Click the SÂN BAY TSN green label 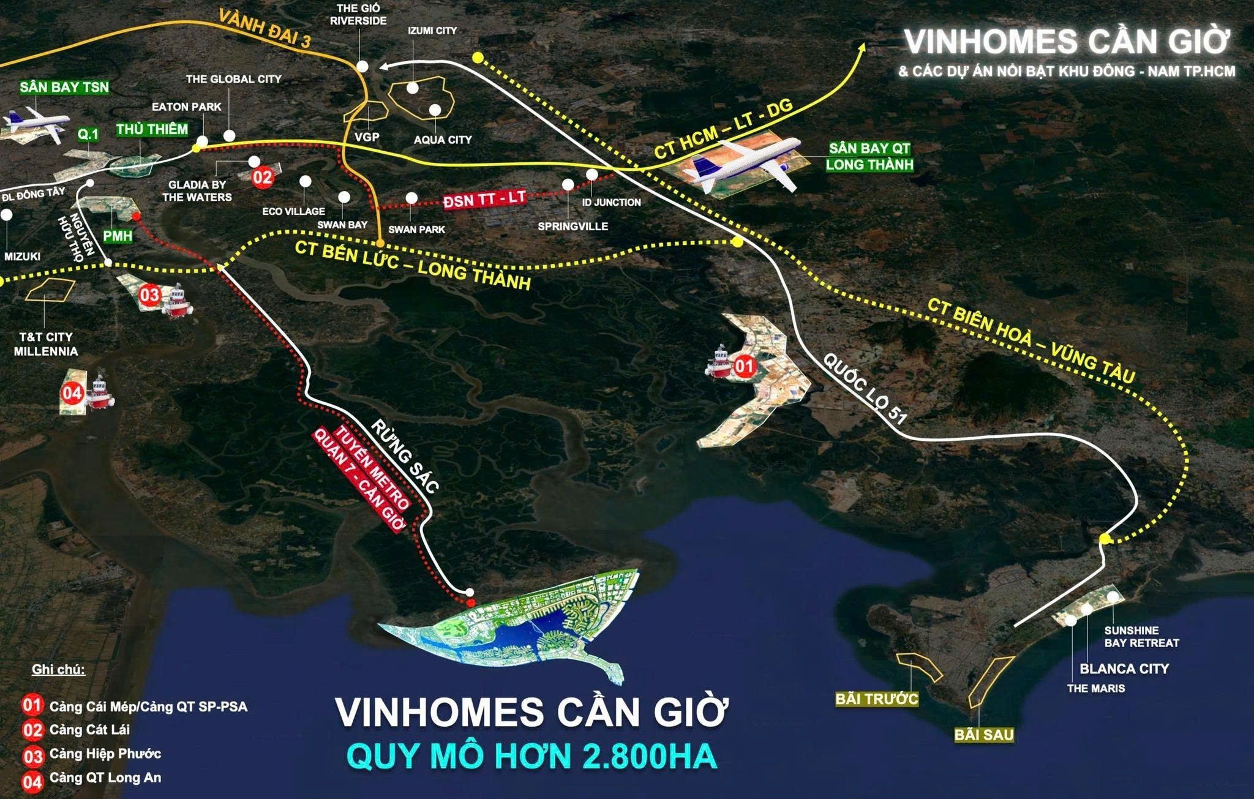pos(64,87)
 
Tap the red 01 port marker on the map pos(745,367)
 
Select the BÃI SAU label pos(983,735)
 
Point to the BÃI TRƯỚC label pos(877,699)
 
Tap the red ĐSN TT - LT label pos(484,199)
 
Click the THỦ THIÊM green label pos(152,129)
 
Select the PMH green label pos(118,236)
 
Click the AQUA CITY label pos(443,140)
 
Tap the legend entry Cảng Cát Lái pos(89,730)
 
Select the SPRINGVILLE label pos(573,226)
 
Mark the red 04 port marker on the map pos(71,392)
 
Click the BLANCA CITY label pos(1124,669)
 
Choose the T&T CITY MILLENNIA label pos(46,344)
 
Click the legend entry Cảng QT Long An pos(105,778)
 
